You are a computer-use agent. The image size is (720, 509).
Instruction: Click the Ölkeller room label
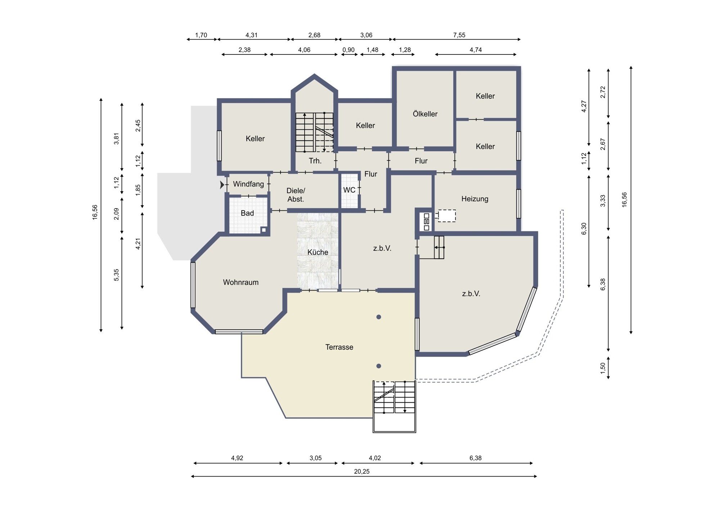(x=425, y=114)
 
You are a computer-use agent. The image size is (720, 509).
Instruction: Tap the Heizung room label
(x=475, y=199)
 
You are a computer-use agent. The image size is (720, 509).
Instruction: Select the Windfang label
(x=248, y=184)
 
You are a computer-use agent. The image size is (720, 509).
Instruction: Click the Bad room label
(x=247, y=213)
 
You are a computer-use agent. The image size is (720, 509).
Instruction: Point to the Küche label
(x=318, y=252)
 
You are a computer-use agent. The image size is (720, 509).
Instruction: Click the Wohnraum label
(x=241, y=282)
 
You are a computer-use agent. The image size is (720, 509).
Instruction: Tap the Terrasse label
(x=339, y=347)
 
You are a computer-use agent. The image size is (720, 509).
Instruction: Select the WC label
(x=349, y=190)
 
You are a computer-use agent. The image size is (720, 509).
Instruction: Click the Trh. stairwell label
(x=315, y=161)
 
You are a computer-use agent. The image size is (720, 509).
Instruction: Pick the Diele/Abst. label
(x=296, y=195)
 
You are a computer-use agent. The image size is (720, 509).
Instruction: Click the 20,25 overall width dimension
(x=362, y=472)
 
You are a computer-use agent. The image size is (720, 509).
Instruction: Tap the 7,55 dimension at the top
(x=459, y=35)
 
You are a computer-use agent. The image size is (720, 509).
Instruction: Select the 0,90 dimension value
(x=348, y=50)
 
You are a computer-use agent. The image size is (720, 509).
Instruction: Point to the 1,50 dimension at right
(x=603, y=368)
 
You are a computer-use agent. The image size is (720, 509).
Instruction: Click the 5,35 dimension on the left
(x=116, y=275)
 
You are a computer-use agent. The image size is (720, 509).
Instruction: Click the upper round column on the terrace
(x=379, y=317)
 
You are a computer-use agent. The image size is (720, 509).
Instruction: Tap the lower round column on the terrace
(x=379, y=366)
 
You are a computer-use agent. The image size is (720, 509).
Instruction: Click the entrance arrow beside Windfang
(x=222, y=185)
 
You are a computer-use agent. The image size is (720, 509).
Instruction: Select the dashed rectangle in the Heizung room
(x=447, y=216)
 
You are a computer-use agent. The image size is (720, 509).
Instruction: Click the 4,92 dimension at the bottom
(x=237, y=458)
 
